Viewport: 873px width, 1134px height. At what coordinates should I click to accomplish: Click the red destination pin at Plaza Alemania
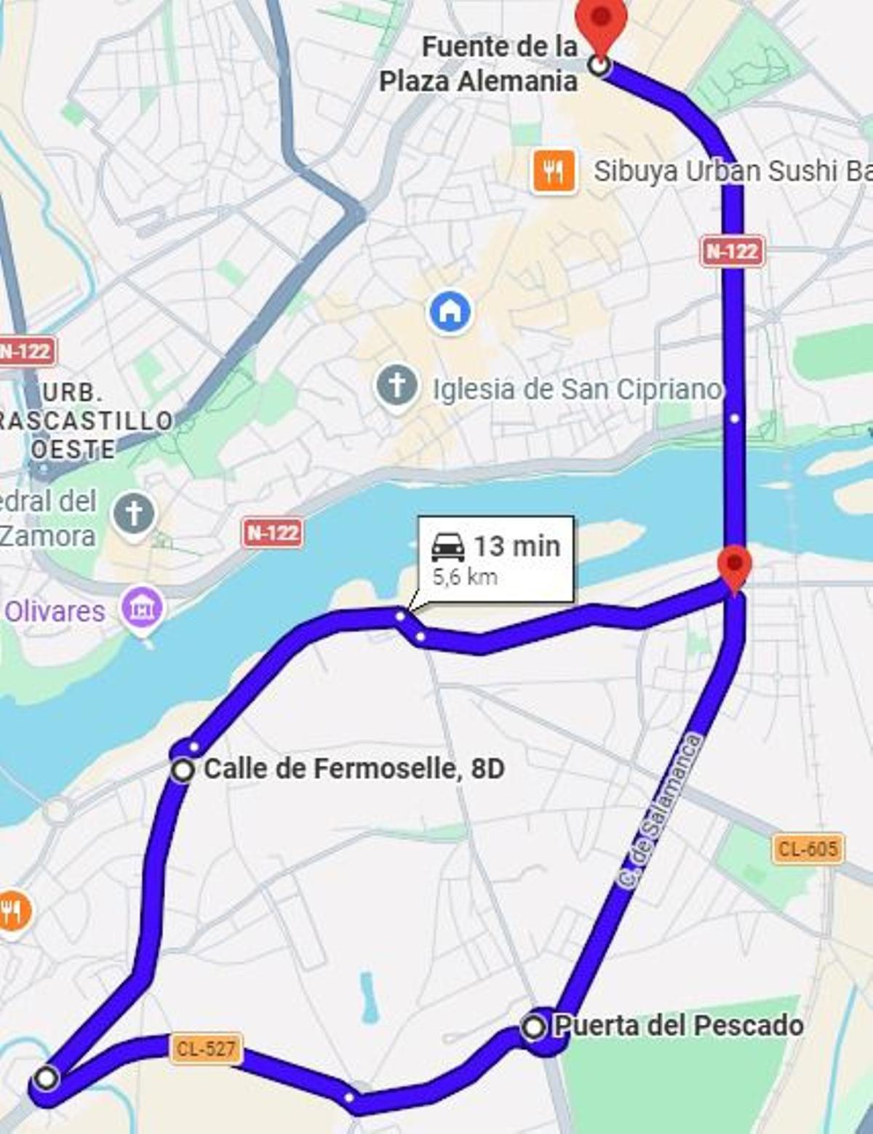[x=601, y=20]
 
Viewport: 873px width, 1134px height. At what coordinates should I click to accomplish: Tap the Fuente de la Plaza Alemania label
[x=479, y=64]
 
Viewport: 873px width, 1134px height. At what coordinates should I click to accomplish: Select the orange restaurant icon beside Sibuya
[x=554, y=172]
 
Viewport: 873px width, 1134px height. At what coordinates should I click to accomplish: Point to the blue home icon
[x=450, y=311]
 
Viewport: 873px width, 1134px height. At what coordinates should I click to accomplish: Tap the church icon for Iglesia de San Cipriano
[x=397, y=386]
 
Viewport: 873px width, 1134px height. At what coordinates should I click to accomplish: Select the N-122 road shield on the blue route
[x=733, y=252]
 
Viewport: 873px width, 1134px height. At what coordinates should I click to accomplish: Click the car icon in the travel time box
[x=448, y=546]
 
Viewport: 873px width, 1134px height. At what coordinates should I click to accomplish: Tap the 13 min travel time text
[x=517, y=546]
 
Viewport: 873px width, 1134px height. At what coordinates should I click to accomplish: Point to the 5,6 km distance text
[x=465, y=578]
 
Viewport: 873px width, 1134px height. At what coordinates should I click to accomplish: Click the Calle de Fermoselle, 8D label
[x=354, y=768]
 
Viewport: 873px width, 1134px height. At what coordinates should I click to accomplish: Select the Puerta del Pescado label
[x=679, y=1026]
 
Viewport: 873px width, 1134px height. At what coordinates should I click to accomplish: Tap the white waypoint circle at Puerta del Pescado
[x=534, y=1027]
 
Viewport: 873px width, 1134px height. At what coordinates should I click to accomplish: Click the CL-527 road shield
[x=206, y=1049]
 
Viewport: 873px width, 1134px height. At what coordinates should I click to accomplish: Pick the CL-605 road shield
[x=808, y=848]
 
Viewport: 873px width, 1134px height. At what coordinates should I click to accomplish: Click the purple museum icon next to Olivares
[x=142, y=608]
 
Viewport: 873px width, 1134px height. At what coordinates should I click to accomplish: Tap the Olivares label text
[x=55, y=611]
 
